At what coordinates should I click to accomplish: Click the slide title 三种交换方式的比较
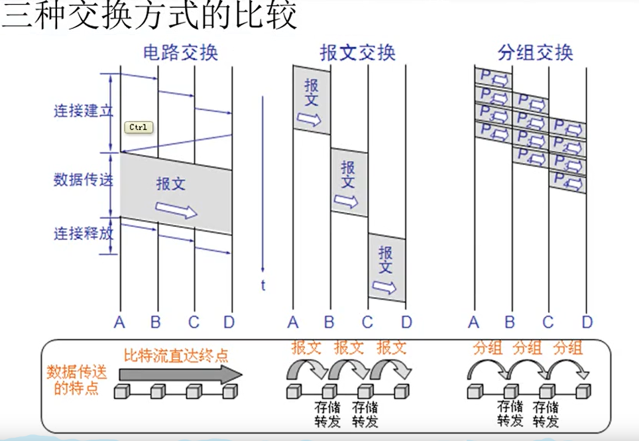150,16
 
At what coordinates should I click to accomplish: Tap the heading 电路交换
180,52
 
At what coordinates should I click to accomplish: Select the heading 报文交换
357,52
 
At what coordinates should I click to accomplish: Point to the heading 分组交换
535,52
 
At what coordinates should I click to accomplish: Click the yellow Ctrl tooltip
139,127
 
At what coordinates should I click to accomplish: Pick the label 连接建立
83,111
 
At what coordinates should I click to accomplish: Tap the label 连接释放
83,233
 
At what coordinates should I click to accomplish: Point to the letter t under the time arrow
263,285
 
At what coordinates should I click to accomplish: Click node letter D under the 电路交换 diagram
229,323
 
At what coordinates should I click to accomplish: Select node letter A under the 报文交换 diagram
293,323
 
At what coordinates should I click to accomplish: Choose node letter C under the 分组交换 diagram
548,323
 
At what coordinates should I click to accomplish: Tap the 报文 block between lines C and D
386,268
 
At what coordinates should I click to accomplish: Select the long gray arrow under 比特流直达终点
180,373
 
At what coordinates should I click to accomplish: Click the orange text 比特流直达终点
176,355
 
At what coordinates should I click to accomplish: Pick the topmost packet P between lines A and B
493,78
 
